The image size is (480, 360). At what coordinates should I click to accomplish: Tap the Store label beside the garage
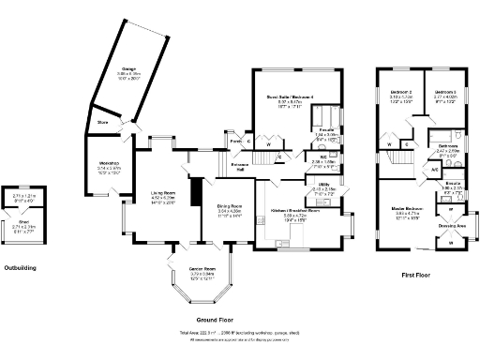(x=102, y=120)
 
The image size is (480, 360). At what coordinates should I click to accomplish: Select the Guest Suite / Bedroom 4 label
(x=281, y=97)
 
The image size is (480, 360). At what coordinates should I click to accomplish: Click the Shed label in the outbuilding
(x=23, y=222)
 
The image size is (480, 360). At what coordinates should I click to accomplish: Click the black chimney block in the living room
(x=195, y=193)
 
